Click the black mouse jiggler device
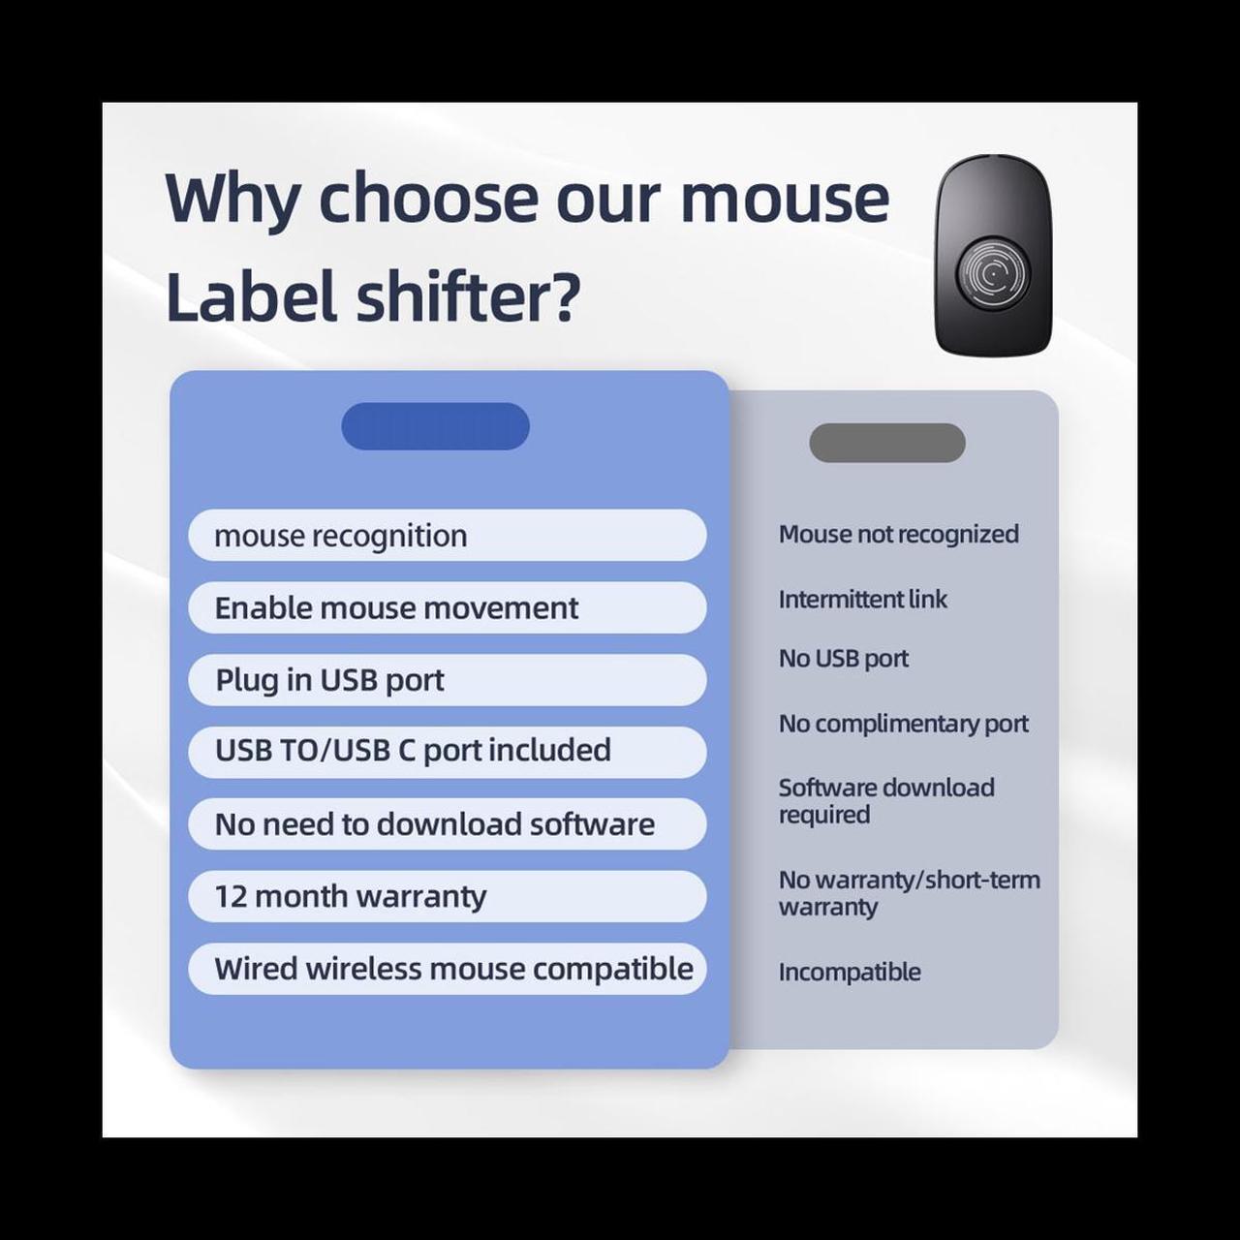click(x=993, y=254)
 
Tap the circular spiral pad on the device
click(x=993, y=274)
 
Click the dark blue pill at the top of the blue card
click(x=435, y=426)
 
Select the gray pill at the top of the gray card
click(x=886, y=443)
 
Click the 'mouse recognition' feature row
click(x=448, y=536)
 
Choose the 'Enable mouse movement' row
click(x=448, y=607)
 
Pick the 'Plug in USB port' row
click(x=448, y=680)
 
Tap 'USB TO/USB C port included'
click(x=448, y=753)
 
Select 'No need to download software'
click(x=448, y=824)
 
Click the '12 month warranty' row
click(x=448, y=896)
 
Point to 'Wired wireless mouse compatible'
click(x=448, y=969)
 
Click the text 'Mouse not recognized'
click(x=898, y=535)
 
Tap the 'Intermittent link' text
click(x=862, y=599)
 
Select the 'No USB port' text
click(x=843, y=659)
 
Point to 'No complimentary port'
click(x=904, y=725)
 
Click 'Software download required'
click(x=886, y=801)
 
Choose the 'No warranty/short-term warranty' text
click(x=910, y=893)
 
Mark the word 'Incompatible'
click(x=850, y=973)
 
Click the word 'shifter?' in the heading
click(x=468, y=294)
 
